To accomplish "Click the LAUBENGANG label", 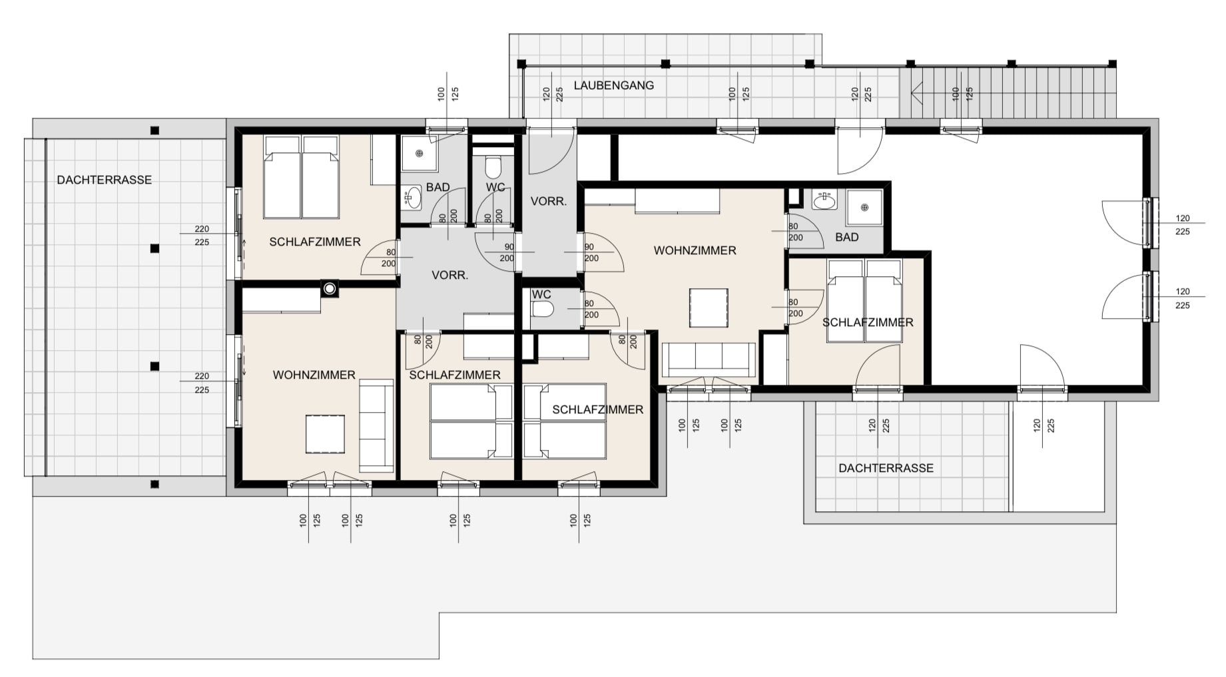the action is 613,85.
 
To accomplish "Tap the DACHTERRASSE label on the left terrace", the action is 104,180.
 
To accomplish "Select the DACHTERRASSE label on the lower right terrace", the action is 886,468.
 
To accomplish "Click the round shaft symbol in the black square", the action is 330,288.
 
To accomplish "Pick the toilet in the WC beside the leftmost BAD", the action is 493,164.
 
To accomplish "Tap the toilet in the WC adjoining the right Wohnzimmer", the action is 543,309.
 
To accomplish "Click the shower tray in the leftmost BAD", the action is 420,153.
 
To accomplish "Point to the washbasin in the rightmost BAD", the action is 824,199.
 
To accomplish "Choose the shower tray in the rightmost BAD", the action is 864,208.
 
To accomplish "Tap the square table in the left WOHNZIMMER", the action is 325,434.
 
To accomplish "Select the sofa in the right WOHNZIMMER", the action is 709,359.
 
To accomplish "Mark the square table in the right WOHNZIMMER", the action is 709,308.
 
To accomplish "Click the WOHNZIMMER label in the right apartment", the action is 695,250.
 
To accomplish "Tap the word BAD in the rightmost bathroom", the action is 846,237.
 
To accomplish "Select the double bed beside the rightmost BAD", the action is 864,301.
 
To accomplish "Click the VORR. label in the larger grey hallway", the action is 450,275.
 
